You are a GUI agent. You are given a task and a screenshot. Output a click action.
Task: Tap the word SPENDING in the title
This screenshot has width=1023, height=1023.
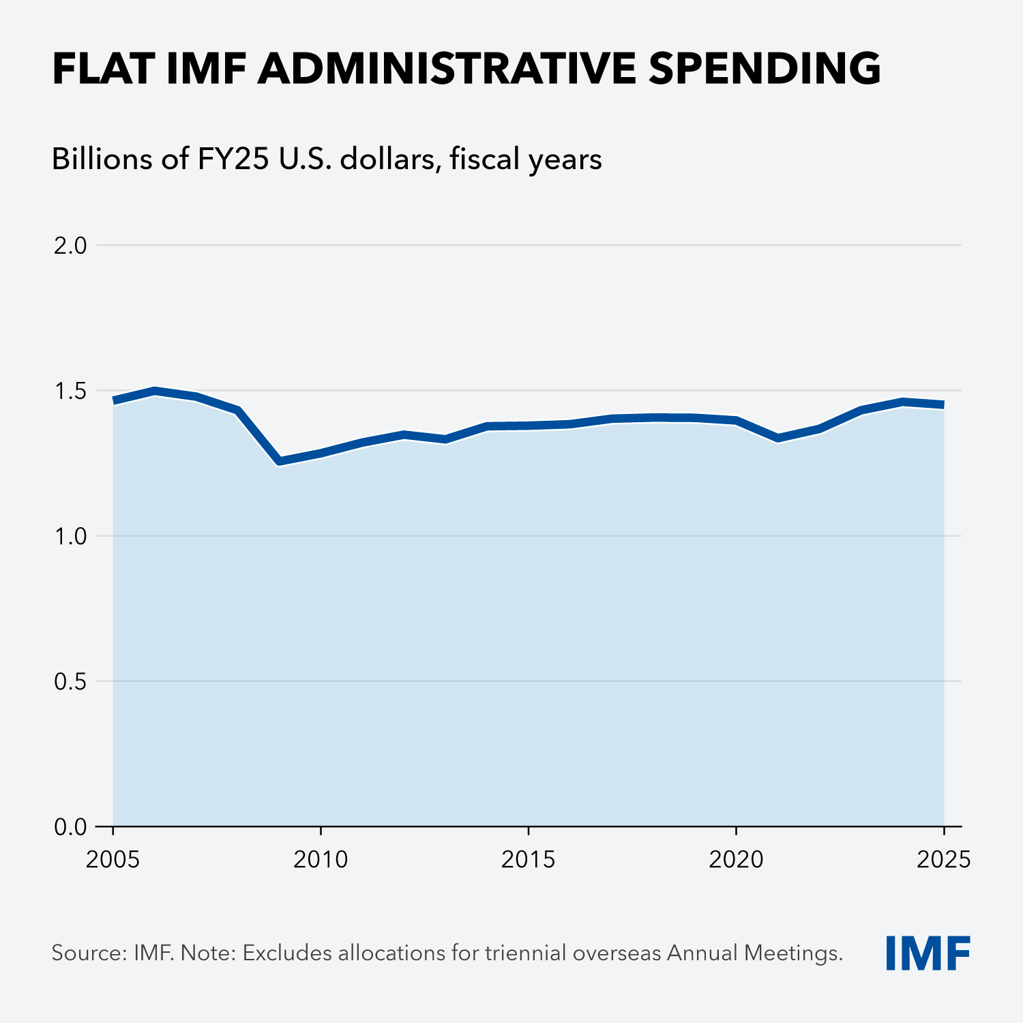pyautogui.click(x=765, y=69)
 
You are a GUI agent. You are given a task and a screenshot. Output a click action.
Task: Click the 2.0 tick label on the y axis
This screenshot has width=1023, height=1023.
pyautogui.click(x=70, y=246)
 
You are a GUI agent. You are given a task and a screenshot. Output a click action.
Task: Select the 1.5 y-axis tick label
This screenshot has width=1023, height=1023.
pyautogui.click(x=70, y=391)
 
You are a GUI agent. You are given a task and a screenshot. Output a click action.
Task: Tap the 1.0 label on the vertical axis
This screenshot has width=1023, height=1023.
pyautogui.click(x=70, y=536)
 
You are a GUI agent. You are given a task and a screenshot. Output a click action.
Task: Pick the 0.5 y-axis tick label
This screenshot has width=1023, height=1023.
pyautogui.click(x=70, y=681)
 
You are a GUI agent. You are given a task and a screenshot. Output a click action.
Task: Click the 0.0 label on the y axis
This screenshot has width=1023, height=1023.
pyautogui.click(x=70, y=827)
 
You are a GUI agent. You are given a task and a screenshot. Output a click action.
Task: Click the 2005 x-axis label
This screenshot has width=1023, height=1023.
pyautogui.click(x=113, y=860)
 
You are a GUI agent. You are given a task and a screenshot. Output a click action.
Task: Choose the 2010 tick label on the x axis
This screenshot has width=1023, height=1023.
pyautogui.click(x=321, y=860)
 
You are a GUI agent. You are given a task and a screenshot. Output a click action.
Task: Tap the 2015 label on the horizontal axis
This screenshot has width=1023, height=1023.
pyautogui.click(x=529, y=860)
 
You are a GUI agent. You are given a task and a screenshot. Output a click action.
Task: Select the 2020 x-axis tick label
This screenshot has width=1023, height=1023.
pyautogui.click(x=736, y=860)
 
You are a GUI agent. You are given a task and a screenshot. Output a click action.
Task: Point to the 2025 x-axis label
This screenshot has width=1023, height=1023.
pyautogui.click(x=943, y=860)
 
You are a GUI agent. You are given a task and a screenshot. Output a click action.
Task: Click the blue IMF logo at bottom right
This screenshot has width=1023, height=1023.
pyautogui.click(x=928, y=953)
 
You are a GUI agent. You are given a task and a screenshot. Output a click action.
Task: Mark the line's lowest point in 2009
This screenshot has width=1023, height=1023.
pyautogui.click(x=279, y=462)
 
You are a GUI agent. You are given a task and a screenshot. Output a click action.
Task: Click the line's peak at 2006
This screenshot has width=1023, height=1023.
pyautogui.click(x=155, y=391)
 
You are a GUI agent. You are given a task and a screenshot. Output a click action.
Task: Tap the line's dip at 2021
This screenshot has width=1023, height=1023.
pyautogui.click(x=777, y=438)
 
